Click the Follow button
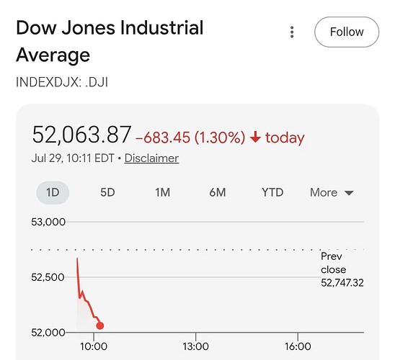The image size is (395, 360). (347, 32)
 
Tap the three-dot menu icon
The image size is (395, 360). (292, 32)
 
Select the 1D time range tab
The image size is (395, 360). (53, 192)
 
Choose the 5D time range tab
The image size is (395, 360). (107, 192)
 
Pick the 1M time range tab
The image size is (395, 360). (162, 192)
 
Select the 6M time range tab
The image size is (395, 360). (218, 192)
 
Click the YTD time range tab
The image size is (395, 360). (272, 192)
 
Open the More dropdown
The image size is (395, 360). (332, 193)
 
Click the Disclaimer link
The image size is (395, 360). (151, 158)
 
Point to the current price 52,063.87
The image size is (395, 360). (81, 135)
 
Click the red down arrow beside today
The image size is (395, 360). (255, 137)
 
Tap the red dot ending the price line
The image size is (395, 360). (100, 325)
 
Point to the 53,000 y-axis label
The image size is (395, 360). (48, 222)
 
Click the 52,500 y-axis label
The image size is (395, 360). (48, 277)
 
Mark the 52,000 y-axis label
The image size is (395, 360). (48, 333)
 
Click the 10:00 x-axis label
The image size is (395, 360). (94, 346)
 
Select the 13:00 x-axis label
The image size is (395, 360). (196, 346)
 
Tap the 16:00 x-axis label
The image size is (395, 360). (298, 346)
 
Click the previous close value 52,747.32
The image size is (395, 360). (342, 283)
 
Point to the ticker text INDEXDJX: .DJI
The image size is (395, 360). (62, 82)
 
